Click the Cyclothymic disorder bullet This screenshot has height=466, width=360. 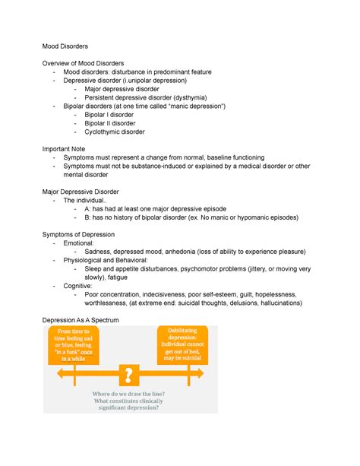coord(117,132)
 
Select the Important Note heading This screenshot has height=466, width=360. coord(76,149)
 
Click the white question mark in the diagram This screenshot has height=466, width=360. coord(129,374)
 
